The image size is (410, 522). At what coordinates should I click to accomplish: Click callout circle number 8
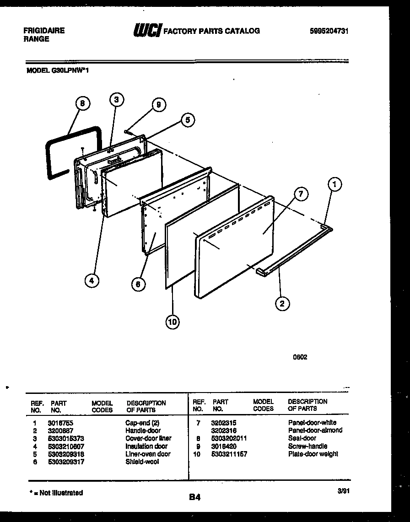82,103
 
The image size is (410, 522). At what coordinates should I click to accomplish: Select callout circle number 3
117,100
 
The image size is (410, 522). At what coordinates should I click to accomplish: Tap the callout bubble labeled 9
158,105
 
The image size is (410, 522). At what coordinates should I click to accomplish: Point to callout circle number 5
187,120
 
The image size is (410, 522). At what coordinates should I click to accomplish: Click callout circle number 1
335,185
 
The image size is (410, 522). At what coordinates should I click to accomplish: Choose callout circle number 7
301,194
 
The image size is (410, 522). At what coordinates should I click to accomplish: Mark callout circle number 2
283,303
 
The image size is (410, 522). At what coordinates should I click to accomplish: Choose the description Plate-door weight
313,454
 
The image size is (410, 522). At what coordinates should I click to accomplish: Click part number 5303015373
66,438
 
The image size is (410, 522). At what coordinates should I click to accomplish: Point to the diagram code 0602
300,357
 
